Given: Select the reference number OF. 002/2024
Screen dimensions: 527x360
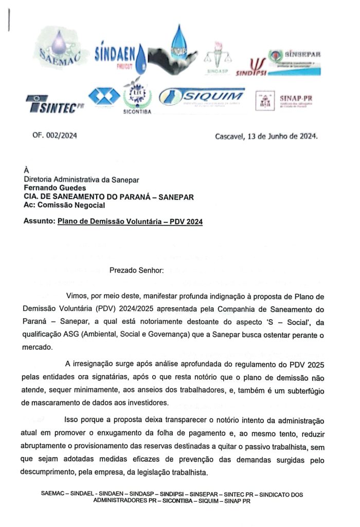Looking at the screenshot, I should [55, 136].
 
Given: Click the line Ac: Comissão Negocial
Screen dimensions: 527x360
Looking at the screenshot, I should [64, 205].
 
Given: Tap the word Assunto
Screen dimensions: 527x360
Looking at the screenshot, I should [39, 222].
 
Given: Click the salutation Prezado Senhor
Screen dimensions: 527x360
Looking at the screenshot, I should [137, 270].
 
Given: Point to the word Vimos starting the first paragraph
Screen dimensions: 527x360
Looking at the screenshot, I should [77, 297].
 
